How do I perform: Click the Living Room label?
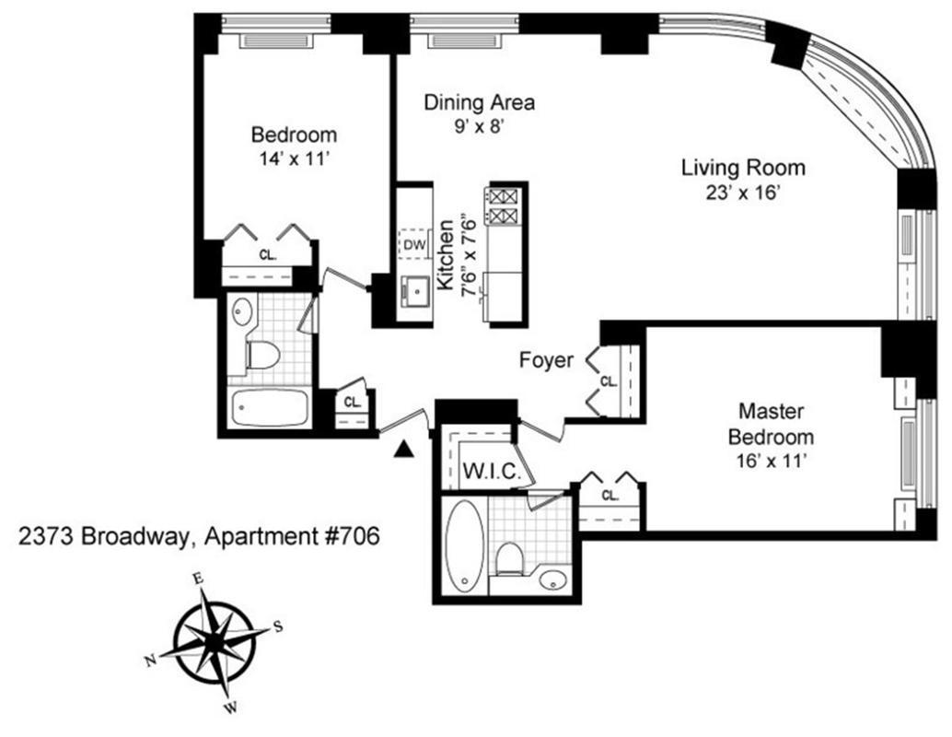[x=743, y=169]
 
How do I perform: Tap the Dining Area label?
[x=479, y=102]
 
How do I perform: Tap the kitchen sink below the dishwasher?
[x=414, y=292]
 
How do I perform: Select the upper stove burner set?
[x=503, y=195]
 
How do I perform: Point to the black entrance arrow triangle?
[x=402, y=449]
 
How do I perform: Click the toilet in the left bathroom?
[x=264, y=353]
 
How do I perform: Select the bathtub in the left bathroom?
[x=269, y=408]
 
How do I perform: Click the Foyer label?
[x=546, y=359]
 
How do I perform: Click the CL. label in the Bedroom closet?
[x=268, y=254]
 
